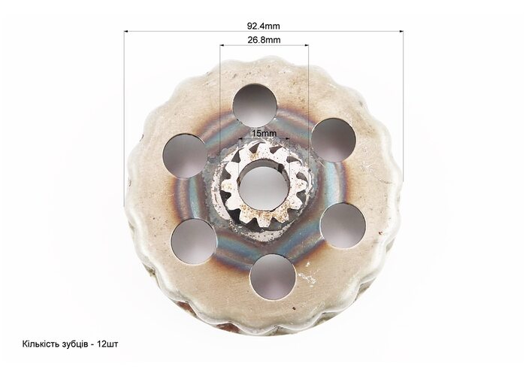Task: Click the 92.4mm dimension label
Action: pyautogui.click(x=263, y=26)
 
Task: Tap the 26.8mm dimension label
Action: pyautogui.click(x=264, y=40)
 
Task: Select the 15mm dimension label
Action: pyautogui.click(x=265, y=133)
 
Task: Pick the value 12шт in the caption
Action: pyautogui.click(x=107, y=344)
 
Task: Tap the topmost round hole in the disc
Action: pyautogui.click(x=255, y=107)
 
